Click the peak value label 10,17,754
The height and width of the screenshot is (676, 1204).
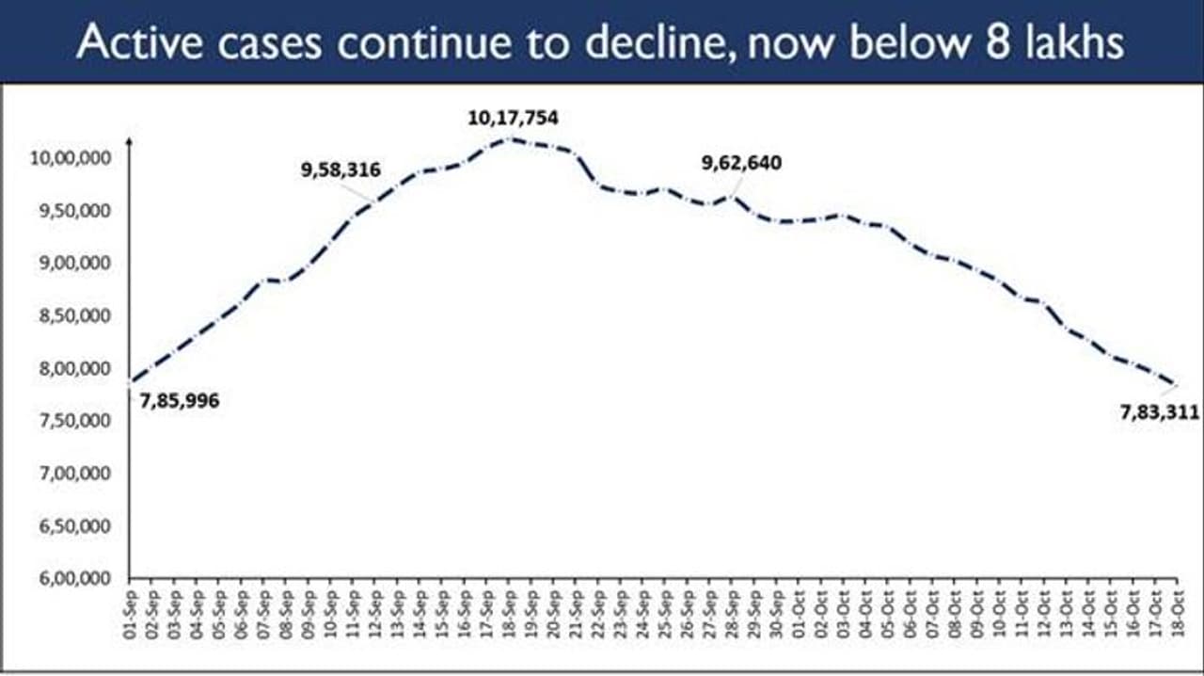pos(513,119)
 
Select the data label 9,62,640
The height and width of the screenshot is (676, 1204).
pos(741,163)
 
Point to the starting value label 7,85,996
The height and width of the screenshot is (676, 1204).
pos(180,401)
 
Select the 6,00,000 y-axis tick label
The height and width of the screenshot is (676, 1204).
pos(76,578)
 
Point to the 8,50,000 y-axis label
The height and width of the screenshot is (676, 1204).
pos(76,315)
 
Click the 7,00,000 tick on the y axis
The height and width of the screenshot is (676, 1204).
pos(76,473)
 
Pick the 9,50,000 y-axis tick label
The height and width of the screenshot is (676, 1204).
pos(76,210)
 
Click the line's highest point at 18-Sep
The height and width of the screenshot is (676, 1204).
pos(508,138)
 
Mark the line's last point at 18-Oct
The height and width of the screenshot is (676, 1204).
pos(1173,383)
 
